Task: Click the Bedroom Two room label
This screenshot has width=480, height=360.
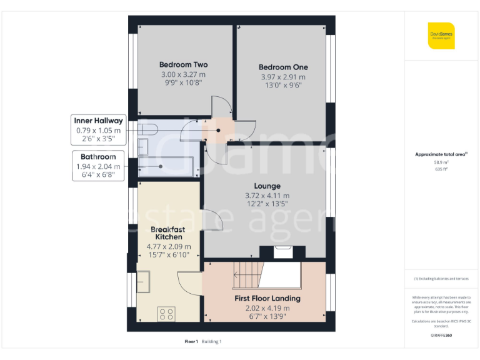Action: (183, 64)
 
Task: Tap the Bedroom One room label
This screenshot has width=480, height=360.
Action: (283, 67)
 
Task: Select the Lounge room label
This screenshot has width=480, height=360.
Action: (267, 186)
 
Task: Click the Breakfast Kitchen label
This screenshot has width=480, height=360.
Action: (169, 233)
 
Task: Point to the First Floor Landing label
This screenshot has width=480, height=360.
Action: (267, 298)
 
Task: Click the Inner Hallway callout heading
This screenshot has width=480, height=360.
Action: (99, 121)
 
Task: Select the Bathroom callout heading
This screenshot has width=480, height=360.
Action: (98, 156)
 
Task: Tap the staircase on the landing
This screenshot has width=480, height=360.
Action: (250, 274)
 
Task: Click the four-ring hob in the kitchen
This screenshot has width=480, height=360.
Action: (167, 314)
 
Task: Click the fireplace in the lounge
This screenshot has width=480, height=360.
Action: (283, 252)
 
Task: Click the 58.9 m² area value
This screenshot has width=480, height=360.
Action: (441, 161)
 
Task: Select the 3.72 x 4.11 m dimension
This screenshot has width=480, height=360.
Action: (267, 196)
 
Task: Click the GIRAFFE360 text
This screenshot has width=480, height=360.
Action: (441, 336)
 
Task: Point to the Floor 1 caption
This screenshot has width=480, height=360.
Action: (191, 342)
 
